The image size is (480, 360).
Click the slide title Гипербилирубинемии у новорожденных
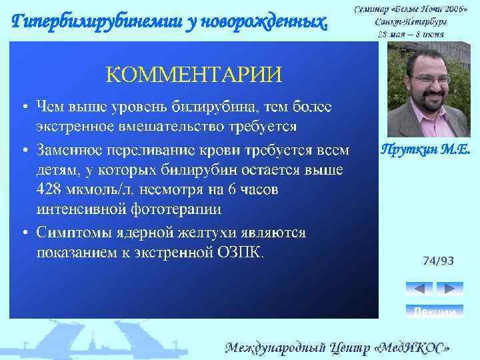click(x=171, y=22)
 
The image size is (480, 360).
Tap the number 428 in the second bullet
click(x=51, y=190)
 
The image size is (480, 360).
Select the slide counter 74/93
click(x=438, y=261)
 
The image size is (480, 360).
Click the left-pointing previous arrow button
click(x=419, y=288)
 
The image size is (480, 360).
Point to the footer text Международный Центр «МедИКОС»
click(x=341, y=347)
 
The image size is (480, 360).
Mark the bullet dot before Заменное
click(x=24, y=149)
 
